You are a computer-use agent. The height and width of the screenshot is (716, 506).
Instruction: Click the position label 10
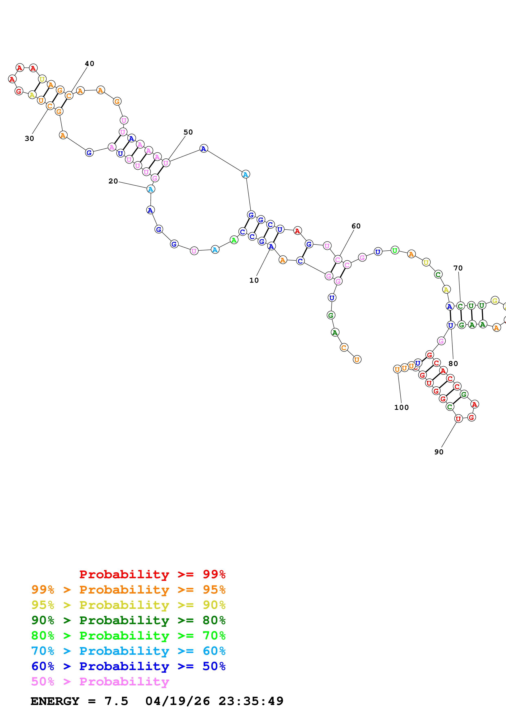[254, 280]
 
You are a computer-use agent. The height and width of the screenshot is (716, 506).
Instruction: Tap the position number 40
[89, 64]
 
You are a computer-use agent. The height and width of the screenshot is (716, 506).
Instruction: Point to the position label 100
[401, 408]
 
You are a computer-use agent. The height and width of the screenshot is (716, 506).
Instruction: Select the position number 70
[458, 268]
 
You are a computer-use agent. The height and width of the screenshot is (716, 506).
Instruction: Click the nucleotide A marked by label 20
[151, 189]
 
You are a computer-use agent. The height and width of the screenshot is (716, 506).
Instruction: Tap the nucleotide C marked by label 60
[338, 259]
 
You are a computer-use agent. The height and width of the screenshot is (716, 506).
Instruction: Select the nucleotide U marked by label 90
[458, 419]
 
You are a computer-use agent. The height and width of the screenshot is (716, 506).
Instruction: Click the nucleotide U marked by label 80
[450, 325]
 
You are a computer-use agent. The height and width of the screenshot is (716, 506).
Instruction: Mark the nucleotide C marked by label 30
[50, 106]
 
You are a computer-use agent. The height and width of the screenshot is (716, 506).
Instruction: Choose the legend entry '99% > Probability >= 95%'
[128, 590]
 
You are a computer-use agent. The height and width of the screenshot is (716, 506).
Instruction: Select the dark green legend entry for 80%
[128, 620]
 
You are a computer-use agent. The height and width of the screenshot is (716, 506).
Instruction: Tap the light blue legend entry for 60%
[128, 651]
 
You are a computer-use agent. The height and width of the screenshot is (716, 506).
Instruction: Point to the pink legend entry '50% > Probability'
[100, 681]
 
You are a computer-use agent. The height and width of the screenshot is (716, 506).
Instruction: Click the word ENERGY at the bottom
[55, 701]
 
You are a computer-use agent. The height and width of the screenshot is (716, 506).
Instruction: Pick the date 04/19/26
[177, 701]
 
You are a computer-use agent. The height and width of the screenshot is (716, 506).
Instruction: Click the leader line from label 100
[399, 388]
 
